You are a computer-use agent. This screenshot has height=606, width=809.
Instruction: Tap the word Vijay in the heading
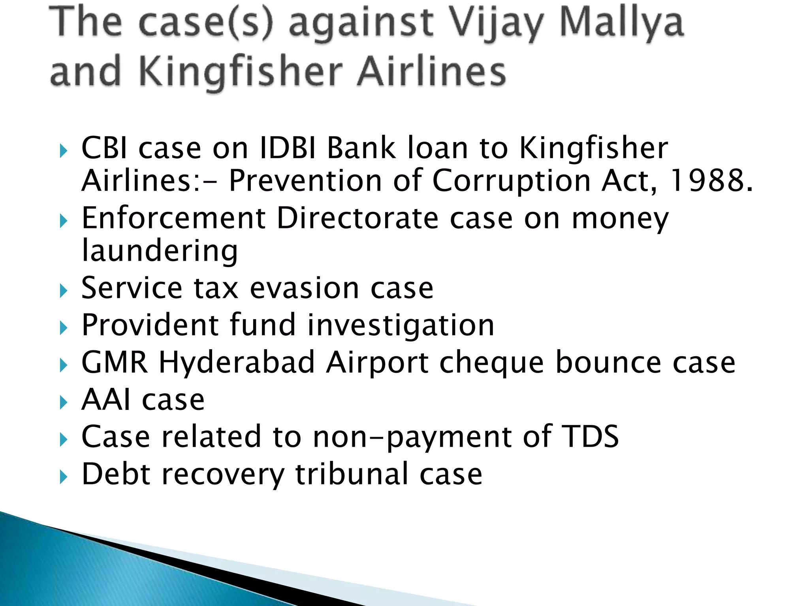497,24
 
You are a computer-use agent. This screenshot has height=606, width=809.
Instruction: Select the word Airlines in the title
431,71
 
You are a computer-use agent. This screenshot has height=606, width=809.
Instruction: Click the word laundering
160,251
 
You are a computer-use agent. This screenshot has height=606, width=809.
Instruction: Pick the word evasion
304,288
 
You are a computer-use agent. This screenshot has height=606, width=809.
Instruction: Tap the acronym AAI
105,399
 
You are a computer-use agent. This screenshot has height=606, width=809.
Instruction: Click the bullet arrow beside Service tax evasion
64,291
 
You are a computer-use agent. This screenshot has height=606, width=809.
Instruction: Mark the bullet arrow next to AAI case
64,403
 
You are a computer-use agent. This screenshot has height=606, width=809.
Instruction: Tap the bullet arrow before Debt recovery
64,477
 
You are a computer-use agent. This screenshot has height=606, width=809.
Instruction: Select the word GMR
115,362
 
